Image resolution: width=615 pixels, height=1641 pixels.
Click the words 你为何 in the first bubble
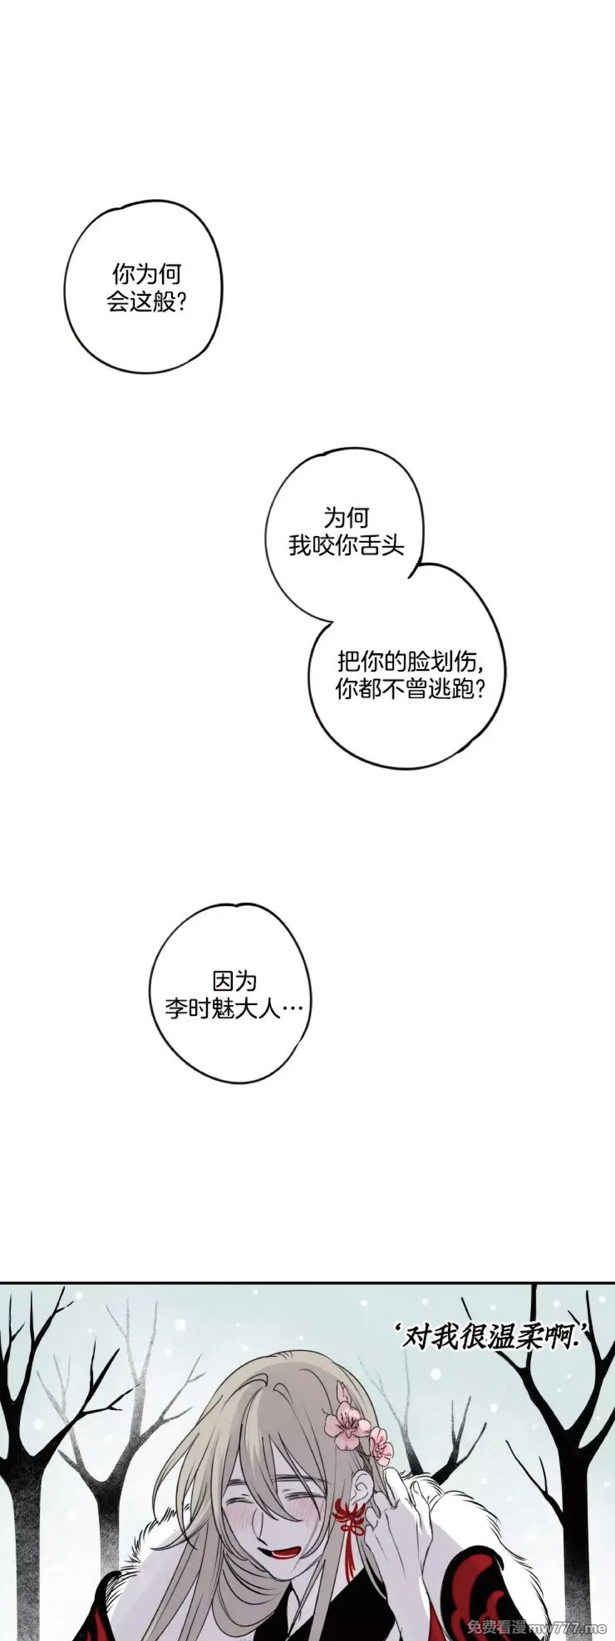[x=147, y=274]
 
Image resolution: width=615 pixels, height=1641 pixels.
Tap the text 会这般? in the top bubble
[x=147, y=302]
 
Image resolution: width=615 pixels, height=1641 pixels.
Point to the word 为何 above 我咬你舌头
[x=346, y=517]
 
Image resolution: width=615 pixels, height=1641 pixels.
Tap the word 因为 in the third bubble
[x=234, y=981]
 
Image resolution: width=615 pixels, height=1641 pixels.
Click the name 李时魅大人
[x=223, y=1009]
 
